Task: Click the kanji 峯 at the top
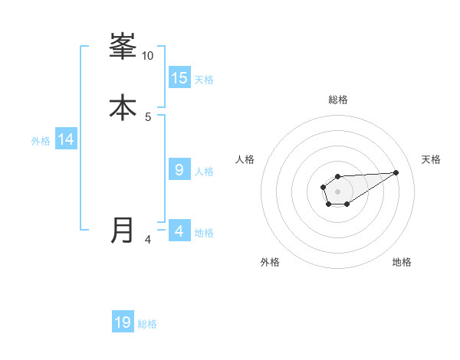click(x=123, y=47)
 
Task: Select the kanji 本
click(x=123, y=107)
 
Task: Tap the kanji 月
click(x=123, y=230)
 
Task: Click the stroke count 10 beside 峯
click(x=148, y=56)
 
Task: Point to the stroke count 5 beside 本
click(x=148, y=116)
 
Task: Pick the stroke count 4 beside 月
click(x=148, y=240)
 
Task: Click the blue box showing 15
click(x=179, y=77)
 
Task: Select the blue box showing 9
click(x=179, y=170)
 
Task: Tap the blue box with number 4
click(x=179, y=231)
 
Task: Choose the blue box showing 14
click(x=66, y=139)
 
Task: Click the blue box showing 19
click(x=123, y=322)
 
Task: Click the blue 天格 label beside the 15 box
click(x=204, y=80)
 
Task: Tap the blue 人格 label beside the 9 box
click(x=204, y=172)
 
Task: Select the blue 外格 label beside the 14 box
click(x=41, y=141)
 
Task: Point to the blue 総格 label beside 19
click(x=147, y=324)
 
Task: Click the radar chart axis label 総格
click(x=338, y=100)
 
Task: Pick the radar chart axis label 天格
click(x=432, y=159)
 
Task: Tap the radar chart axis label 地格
click(x=402, y=263)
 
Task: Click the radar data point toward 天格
click(x=396, y=172)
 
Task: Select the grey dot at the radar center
click(x=337, y=191)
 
